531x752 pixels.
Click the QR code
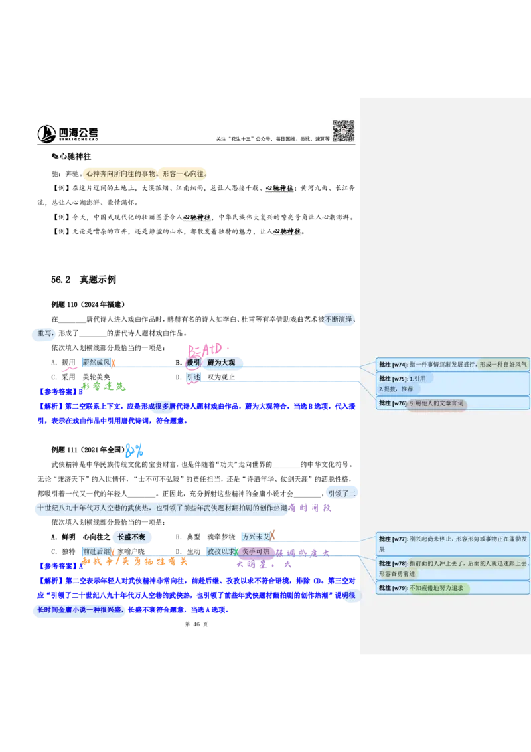[x=342, y=130]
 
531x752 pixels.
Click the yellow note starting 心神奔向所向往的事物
[x=143, y=174]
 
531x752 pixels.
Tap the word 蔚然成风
[x=96, y=363]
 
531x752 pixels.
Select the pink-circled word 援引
[x=193, y=363]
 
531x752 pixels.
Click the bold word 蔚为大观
[x=222, y=363]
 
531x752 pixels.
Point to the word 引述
[x=193, y=377]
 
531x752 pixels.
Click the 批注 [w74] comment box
[x=453, y=364]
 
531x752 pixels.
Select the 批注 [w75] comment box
[x=453, y=383]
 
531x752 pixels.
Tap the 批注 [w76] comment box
[x=453, y=403]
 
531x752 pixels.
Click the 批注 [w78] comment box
[x=453, y=568]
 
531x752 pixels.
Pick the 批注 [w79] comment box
[x=453, y=588]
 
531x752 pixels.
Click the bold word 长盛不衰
[x=132, y=537]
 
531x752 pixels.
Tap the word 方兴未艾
[x=256, y=537]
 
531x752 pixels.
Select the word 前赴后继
[x=96, y=551]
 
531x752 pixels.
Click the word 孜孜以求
[x=220, y=551]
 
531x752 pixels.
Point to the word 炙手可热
[x=256, y=551]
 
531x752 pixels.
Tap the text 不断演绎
[x=340, y=320]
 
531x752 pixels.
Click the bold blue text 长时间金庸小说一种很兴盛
[x=80, y=610]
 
